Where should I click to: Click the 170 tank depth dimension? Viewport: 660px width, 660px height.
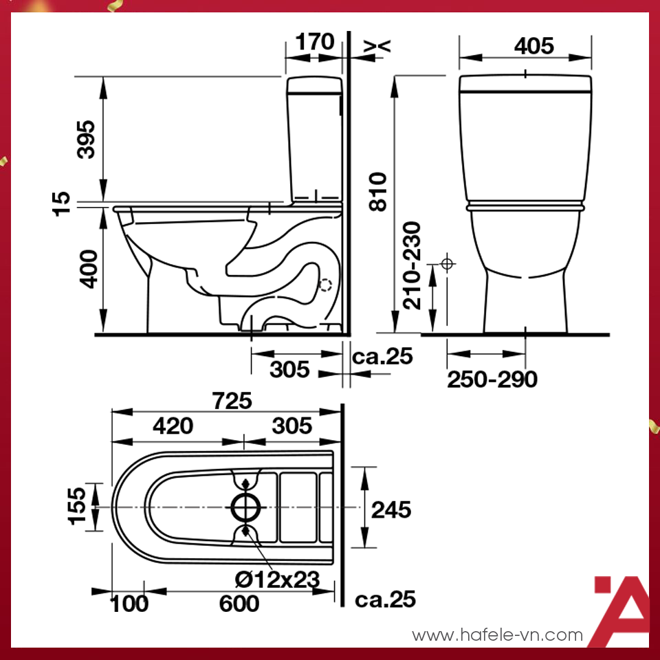coord(314,43)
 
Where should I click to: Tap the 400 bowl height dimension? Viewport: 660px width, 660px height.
coord(87,269)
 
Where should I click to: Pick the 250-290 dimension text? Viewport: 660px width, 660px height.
coord(492,379)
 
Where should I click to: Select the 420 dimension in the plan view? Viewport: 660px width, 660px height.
coord(173,426)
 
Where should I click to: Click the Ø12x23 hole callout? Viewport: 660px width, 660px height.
coord(277,580)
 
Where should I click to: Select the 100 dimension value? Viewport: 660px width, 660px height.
coord(129,604)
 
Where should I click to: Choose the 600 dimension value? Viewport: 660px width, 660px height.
coord(239,604)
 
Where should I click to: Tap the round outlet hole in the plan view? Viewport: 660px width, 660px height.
coord(245,507)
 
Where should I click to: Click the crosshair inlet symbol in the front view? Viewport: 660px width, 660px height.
coord(448,263)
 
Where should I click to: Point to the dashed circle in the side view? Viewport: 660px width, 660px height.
coord(326,285)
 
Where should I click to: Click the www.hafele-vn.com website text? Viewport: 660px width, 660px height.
coord(497,635)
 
